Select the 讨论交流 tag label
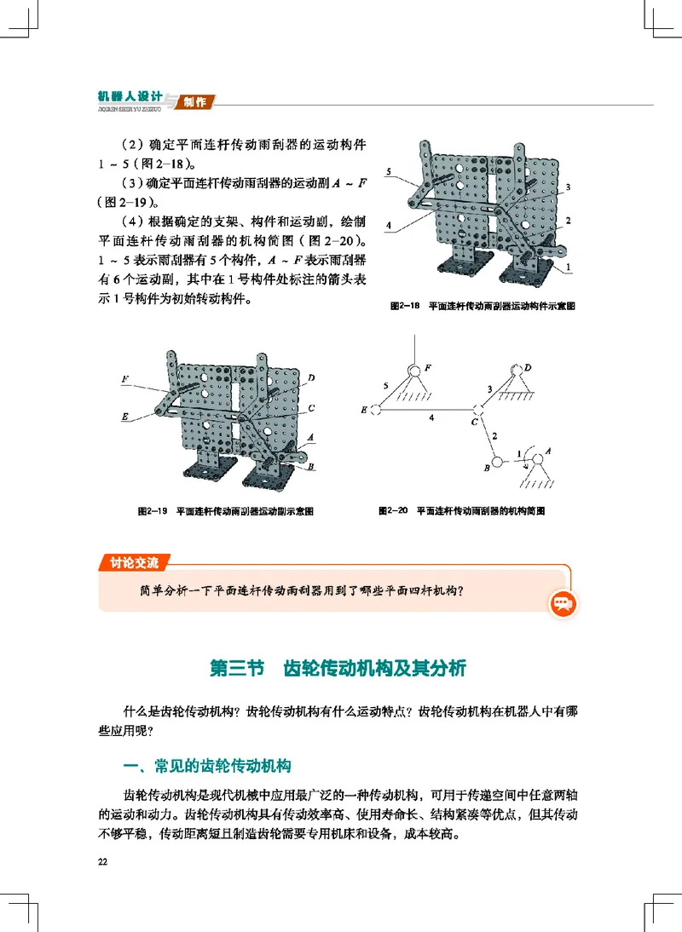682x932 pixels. tap(134, 562)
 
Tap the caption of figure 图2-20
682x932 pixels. tap(461, 511)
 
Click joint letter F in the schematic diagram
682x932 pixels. tap(428, 367)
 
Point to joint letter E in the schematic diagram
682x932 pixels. tap(365, 411)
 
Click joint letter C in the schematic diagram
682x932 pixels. tap(474, 422)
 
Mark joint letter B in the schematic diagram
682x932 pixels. tap(486, 467)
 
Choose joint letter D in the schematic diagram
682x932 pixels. tap(529, 367)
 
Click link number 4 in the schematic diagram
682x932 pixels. tap(432, 418)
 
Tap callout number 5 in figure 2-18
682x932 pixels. tap(388, 172)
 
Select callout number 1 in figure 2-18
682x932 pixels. tap(567, 267)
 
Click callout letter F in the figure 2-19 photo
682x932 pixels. tap(125, 377)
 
